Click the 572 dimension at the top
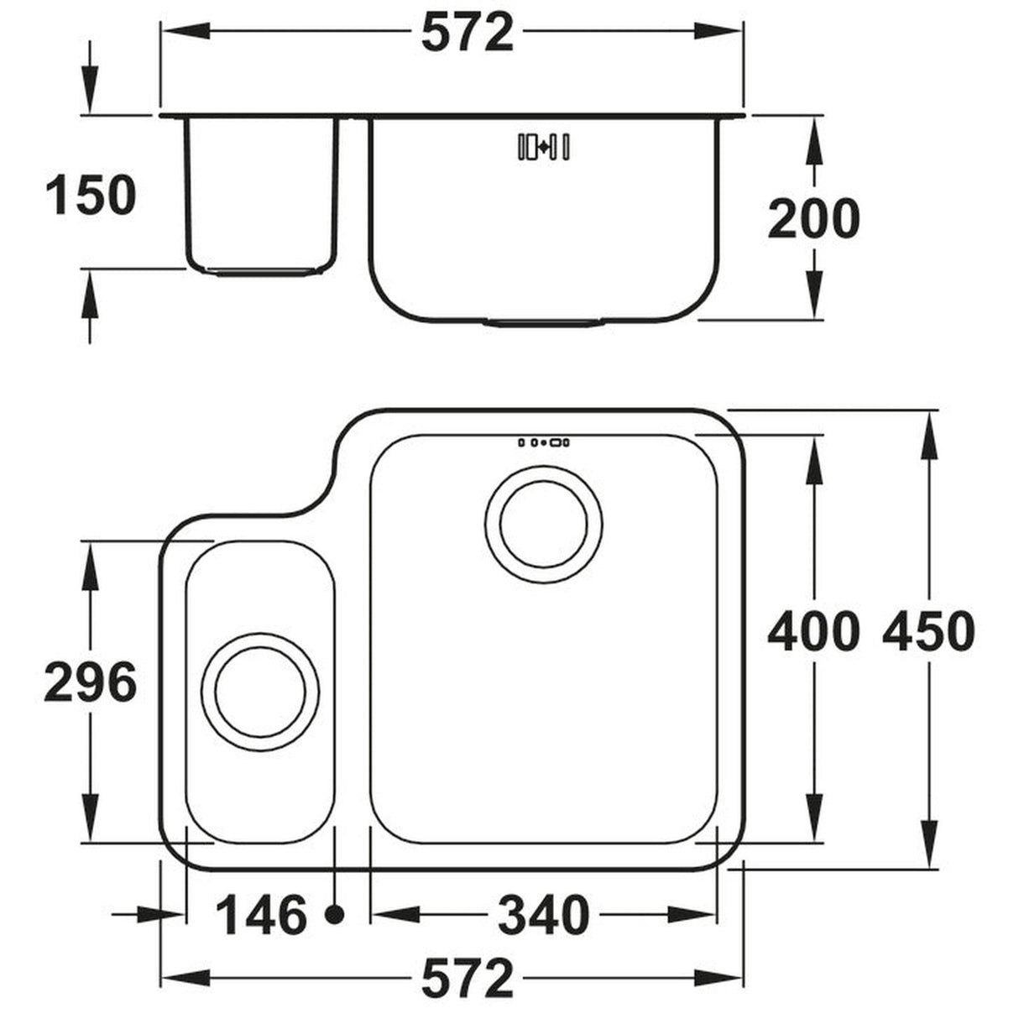click(x=467, y=33)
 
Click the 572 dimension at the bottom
click(x=467, y=979)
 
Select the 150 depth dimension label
click(x=90, y=195)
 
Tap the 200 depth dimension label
click(x=813, y=218)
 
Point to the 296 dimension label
click(x=90, y=682)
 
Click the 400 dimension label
click(x=813, y=631)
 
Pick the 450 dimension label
click(x=928, y=631)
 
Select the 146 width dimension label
click(x=261, y=915)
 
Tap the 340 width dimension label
click(x=544, y=915)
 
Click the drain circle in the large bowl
click(x=544, y=525)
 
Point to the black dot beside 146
click(x=336, y=915)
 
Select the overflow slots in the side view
click(x=545, y=147)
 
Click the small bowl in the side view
click(x=261, y=193)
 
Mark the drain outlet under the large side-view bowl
click(x=544, y=321)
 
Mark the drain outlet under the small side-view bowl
click(x=261, y=272)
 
